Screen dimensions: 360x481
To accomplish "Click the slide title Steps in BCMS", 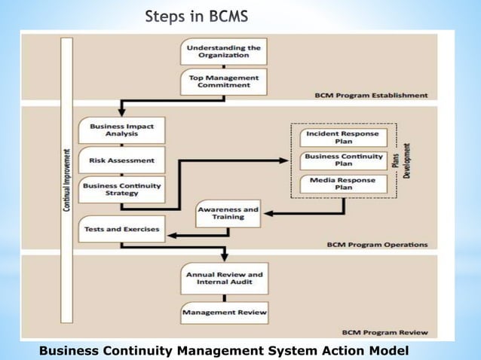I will [x=198, y=17].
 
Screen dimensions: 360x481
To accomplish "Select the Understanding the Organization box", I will [x=223, y=51].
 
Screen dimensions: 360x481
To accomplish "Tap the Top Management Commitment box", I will [x=223, y=81].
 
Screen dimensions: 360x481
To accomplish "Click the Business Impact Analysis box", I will [x=121, y=130].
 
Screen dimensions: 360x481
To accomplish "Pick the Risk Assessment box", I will [x=121, y=160].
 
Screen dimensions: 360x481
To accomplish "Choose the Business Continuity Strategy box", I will [x=121, y=190].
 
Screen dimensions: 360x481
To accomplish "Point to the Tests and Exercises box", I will [x=121, y=229].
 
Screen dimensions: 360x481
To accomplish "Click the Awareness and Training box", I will [x=228, y=214].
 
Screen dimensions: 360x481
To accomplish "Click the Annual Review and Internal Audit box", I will [x=224, y=278].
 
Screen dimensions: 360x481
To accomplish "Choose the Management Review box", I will [x=224, y=312].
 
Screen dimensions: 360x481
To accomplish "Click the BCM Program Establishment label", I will [x=371, y=96].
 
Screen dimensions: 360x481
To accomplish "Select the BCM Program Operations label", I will [x=377, y=245].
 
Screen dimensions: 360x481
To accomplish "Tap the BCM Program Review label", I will [x=384, y=332].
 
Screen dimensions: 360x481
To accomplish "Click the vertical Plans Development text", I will [x=401, y=160].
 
